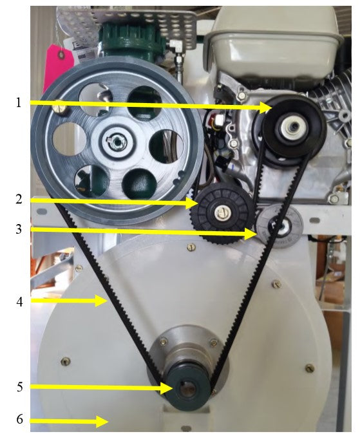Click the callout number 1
pyautogui.click(x=19, y=102)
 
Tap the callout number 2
pyautogui.click(x=19, y=199)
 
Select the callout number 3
pyautogui.click(x=19, y=229)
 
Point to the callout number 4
pyautogui.click(x=19, y=302)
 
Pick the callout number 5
pyautogui.click(x=19, y=387)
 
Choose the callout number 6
pyautogui.click(x=19, y=419)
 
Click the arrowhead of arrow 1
pyautogui.click(x=265, y=108)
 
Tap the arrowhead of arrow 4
pyautogui.click(x=101, y=301)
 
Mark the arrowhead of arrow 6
pyautogui.click(x=102, y=421)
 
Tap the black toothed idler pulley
pyautogui.click(x=222, y=212)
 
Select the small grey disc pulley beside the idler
pyautogui.click(x=280, y=226)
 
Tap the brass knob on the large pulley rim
pyautogui.click(x=62, y=107)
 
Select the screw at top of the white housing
pyautogui.click(x=191, y=247)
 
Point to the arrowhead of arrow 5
pyautogui.click(x=167, y=388)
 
